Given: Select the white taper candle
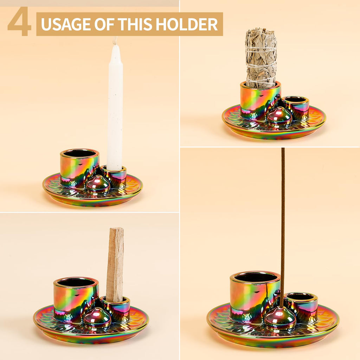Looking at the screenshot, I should click(115, 109).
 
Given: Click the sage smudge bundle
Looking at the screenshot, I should click(261, 58).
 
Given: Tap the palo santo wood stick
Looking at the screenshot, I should click(115, 264).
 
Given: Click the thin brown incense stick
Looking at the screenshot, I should click(283, 218).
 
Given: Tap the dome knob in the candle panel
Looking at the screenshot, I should click(98, 184).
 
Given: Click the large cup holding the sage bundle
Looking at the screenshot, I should click(259, 100).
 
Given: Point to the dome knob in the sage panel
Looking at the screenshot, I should click(279, 115).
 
